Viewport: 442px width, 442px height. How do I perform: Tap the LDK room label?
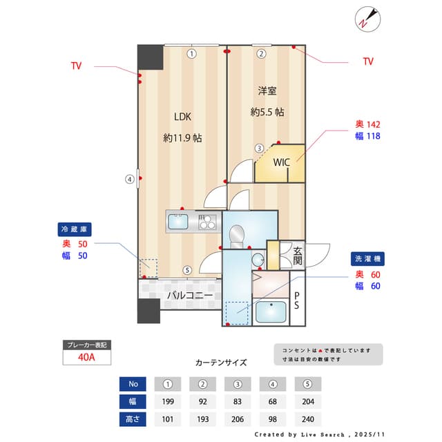(x=182, y=116)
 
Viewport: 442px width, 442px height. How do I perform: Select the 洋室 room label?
(x=267, y=91)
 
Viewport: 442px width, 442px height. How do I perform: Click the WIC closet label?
(x=281, y=163)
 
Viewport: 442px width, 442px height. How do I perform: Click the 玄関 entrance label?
(x=298, y=256)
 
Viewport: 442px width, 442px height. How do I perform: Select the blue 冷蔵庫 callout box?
(x=75, y=229)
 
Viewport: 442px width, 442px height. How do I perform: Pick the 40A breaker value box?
(x=86, y=357)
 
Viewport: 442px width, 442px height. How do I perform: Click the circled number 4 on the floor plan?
(x=129, y=180)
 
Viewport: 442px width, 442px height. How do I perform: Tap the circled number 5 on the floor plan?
(x=187, y=270)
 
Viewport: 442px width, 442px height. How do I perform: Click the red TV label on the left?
(x=76, y=66)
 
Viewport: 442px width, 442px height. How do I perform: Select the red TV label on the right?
(x=368, y=61)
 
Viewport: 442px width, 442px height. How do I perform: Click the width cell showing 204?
(x=307, y=401)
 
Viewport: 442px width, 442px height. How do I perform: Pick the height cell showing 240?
(x=307, y=419)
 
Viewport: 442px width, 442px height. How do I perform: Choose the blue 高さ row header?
(x=133, y=419)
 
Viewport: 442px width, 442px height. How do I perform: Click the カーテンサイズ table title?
(x=221, y=362)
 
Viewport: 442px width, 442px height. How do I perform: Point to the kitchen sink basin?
(x=178, y=222)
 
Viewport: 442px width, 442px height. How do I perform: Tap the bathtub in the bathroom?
(x=271, y=311)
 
